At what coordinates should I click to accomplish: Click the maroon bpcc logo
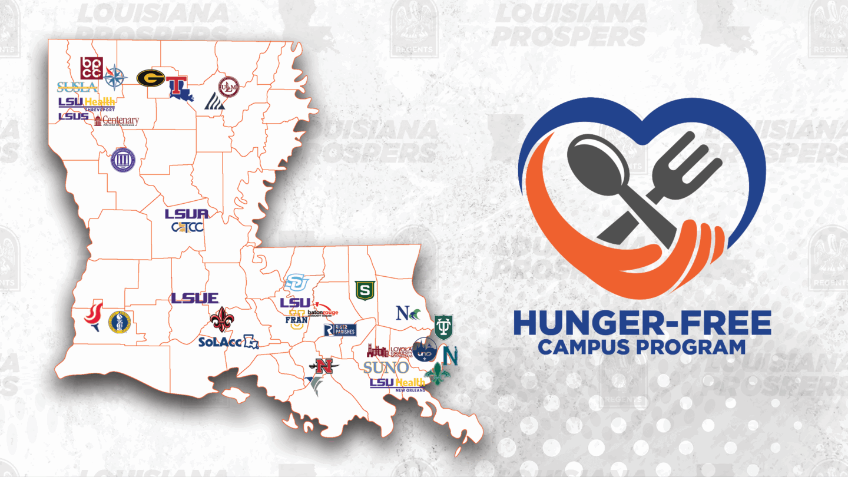[x=91, y=68]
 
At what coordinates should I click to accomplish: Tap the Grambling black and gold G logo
[x=150, y=78]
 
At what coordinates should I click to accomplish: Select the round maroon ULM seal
[x=228, y=87]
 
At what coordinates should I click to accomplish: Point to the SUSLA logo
[x=77, y=87]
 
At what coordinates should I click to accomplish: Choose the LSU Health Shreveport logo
[x=87, y=104]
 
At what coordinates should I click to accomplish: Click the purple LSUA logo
[x=186, y=214]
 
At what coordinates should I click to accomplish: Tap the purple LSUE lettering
[x=194, y=299]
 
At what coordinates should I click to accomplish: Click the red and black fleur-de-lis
[x=222, y=319]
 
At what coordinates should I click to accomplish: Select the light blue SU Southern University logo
[x=297, y=283]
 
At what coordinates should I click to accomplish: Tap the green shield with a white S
[x=365, y=290]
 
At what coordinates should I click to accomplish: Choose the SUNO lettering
[x=386, y=368]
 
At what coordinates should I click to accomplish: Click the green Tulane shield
[x=443, y=326]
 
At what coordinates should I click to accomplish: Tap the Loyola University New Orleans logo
[x=388, y=352]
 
